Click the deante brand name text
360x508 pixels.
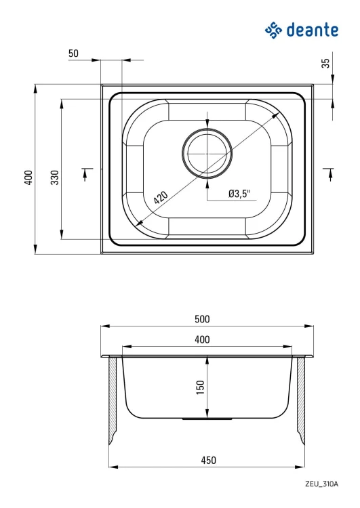coord(313,30)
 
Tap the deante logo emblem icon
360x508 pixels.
coord(273,30)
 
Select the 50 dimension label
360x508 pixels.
coord(74,53)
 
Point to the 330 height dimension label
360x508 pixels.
coord(55,177)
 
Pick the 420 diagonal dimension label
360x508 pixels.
coord(161,198)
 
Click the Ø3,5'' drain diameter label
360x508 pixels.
coord(240,194)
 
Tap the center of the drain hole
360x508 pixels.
coord(207,153)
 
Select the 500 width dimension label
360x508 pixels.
coord(202,319)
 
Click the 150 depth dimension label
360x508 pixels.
coord(201,387)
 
